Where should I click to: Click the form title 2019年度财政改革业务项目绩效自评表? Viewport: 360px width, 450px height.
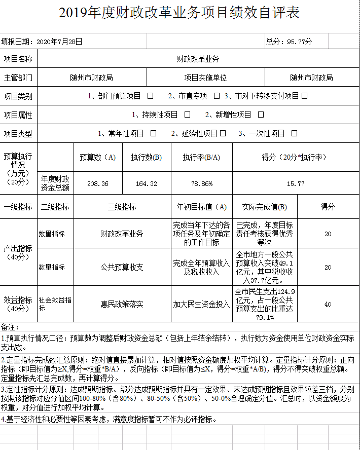click(179, 13)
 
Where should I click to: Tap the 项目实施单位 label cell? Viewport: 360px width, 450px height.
click(205, 78)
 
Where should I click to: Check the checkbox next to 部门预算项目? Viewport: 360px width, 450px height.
click(150, 96)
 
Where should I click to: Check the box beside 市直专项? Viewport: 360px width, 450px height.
click(217, 96)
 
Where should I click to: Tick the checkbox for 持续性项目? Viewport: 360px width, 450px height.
click(187, 115)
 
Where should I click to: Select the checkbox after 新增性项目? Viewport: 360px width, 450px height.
click(261, 115)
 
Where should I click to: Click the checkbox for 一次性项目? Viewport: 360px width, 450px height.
click(294, 134)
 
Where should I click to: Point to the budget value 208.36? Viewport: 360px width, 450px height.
click(97, 183)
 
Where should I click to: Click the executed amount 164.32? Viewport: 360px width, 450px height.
click(147, 183)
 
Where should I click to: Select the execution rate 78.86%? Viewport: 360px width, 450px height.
click(201, 183)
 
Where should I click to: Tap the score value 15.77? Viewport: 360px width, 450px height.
click(295, 183)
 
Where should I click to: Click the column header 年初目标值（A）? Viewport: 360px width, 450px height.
click(201, 207)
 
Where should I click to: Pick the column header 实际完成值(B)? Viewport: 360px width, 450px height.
click(264, 207)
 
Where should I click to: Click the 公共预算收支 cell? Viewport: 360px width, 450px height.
click(122, 267)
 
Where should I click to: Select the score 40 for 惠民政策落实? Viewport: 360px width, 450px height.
click(328, 304)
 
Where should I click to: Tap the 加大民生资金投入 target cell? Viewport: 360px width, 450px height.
click(201, 304)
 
